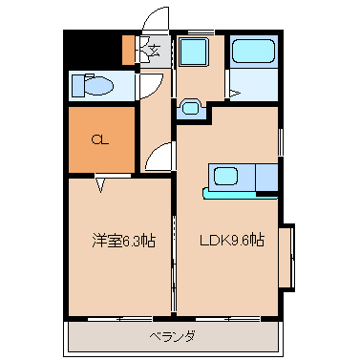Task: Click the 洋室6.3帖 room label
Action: point(123,241)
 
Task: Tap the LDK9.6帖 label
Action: point(232,240)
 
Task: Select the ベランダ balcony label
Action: point(172,336)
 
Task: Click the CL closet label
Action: point(100,139)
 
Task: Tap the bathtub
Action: point(253,51)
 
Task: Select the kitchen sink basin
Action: point(225,177)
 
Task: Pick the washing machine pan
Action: point(193,52)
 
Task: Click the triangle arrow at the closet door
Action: point(100,185)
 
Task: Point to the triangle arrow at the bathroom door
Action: point(235,94)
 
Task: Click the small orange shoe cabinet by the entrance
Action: point(129,50)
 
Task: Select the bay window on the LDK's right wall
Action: point(287,258)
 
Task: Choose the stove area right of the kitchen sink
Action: point(266,178)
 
